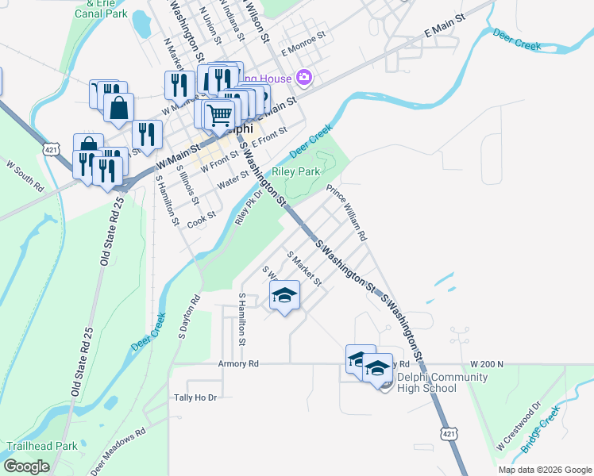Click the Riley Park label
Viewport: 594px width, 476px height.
click(296, 171)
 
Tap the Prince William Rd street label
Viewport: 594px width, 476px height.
click(347, 212)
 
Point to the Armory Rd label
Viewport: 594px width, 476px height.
click(238, 364)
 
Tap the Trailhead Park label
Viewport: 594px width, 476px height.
click(42, 446)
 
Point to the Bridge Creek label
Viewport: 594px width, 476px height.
click(541, 430)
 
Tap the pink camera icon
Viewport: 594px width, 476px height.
click(303, 77)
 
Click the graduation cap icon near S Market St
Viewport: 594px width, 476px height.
click(284, 295)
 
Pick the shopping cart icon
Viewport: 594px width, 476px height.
click(219, 114)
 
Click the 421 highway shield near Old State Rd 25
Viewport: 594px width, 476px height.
click(51, 148)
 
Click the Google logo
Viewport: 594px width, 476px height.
click(27, 466)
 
